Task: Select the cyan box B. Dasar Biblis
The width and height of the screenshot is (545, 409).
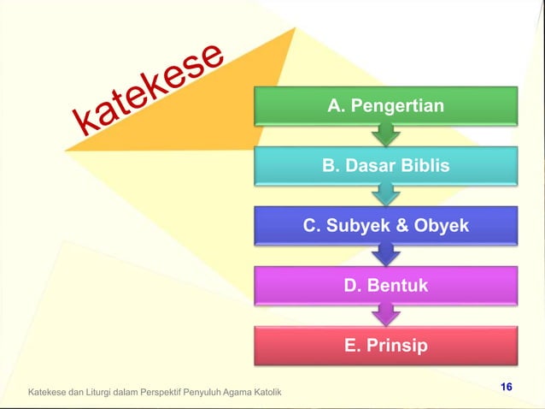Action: pyautogui.click(x=386, y=165)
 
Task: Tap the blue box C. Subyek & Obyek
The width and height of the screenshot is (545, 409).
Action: pyautogui.click(x=386, y=226)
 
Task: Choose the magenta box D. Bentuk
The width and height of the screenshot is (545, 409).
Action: pyautogui.click(x=386, y=286)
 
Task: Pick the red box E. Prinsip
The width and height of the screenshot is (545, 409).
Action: pyautogui.click(x=386, y=347)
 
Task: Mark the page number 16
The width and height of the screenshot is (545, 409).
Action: pyautogui.click(x=506, y=388)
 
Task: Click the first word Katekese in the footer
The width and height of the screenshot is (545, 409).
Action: pyautogui.click(x=48, y=393)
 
